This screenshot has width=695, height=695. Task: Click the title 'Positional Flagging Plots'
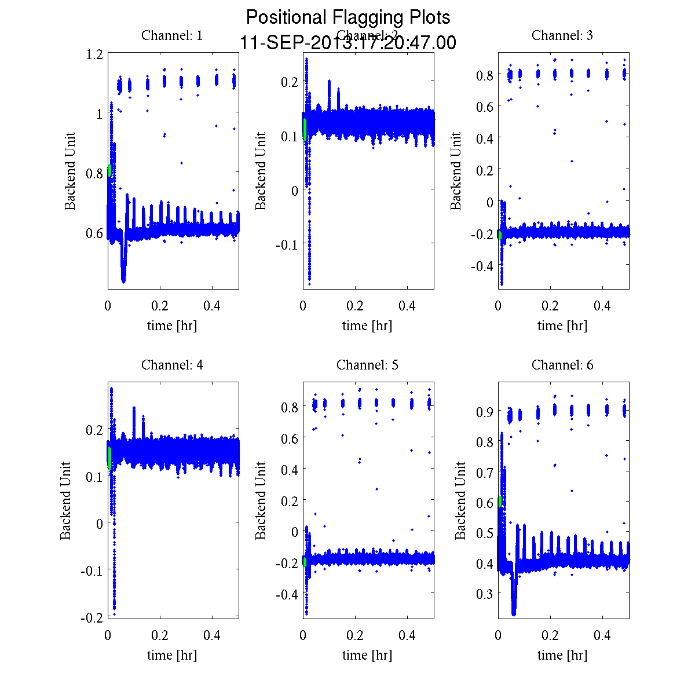tap(348, 17)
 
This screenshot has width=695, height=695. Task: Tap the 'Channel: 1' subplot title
tap(172, 35)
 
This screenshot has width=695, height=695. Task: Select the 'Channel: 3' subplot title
tap(562, 35)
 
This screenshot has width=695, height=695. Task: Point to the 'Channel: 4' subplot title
tap(172, 365)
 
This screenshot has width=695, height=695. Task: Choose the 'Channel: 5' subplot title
tap(367, 365)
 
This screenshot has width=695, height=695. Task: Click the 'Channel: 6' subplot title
tap(562, 365)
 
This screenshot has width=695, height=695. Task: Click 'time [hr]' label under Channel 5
tap(367, 655)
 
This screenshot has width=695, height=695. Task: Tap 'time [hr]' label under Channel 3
tap(562, 325)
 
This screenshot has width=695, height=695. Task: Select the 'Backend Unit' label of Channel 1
tap(70, 171)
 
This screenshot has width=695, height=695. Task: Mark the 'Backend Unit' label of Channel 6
tap(460, 500)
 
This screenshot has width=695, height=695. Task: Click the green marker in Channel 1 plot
tap(109, 170)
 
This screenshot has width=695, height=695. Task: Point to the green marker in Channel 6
tap(500, 502)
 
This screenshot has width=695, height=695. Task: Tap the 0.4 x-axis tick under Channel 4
tap(213, 635)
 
